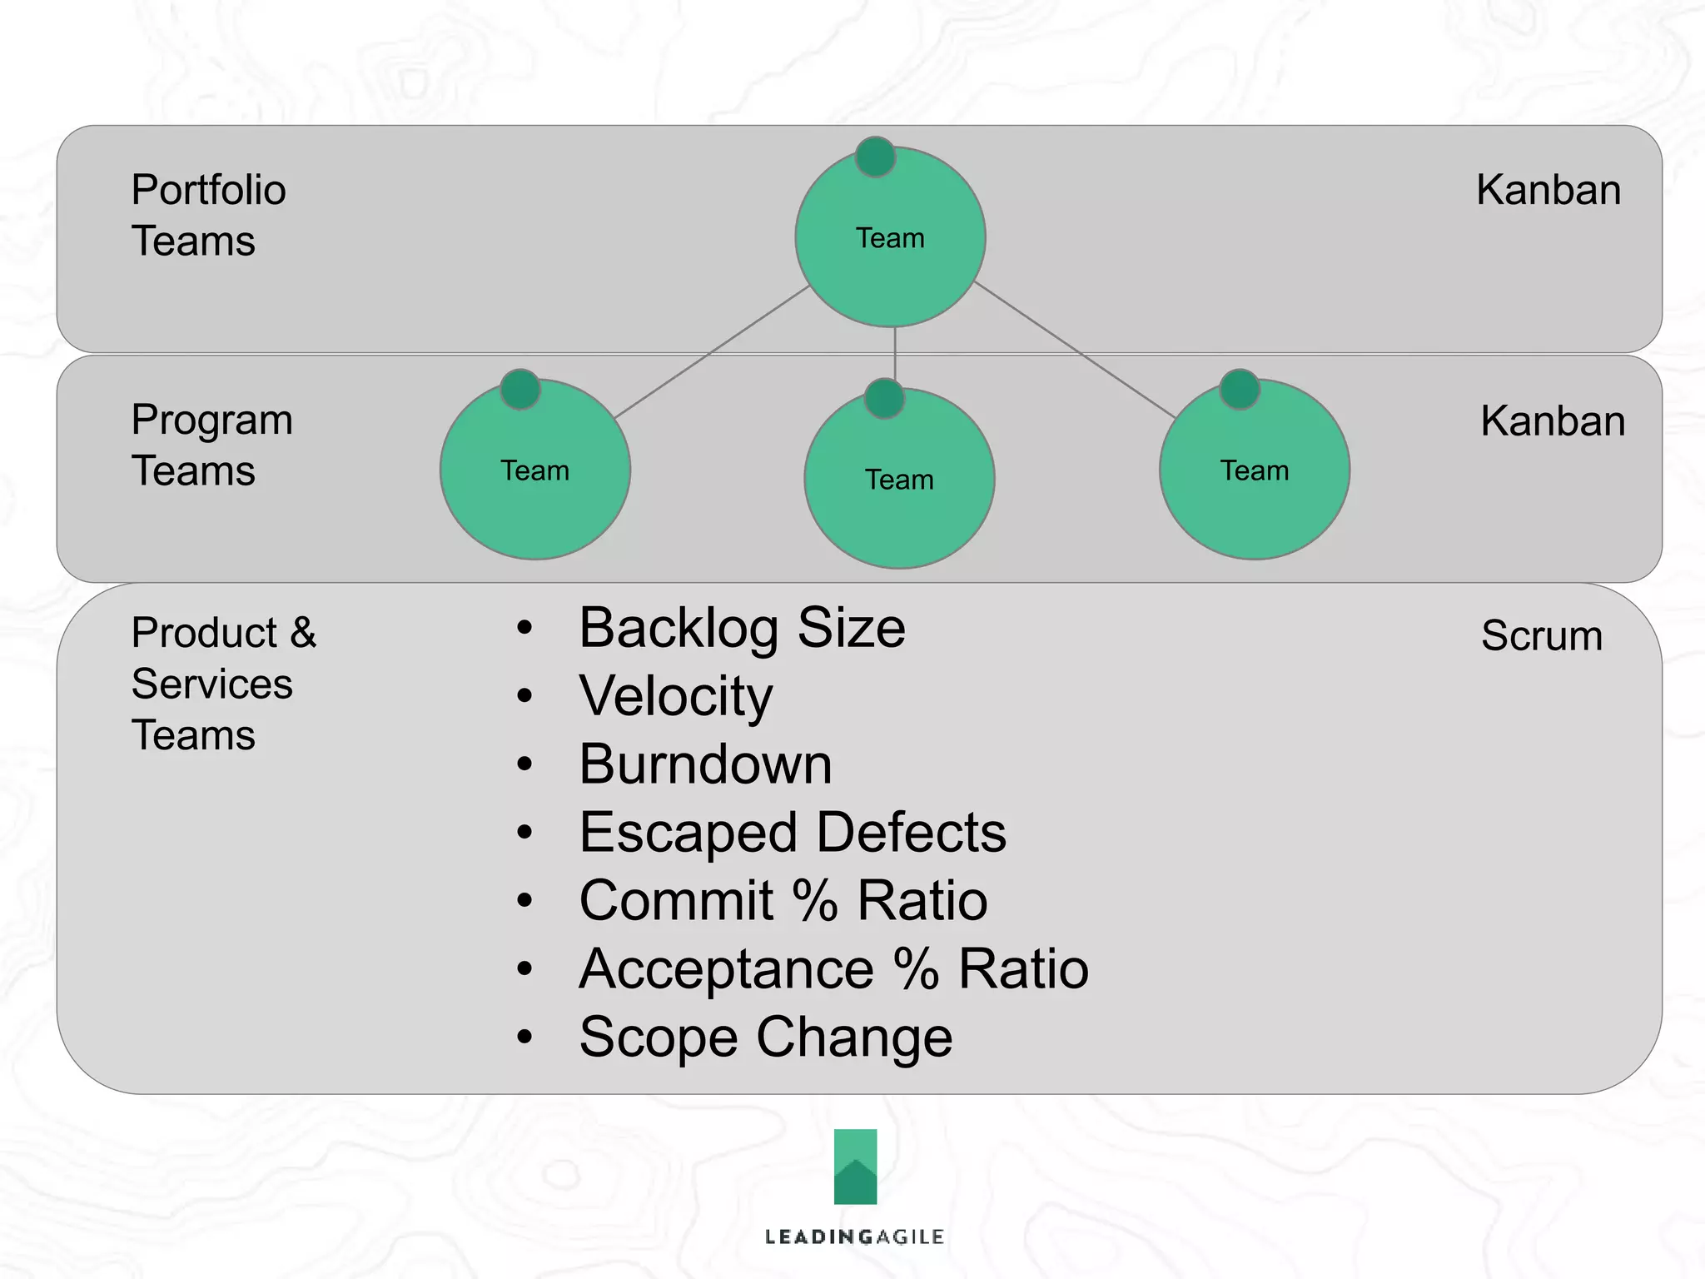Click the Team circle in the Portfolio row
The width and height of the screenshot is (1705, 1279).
click(890, 237)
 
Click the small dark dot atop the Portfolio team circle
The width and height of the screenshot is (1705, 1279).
click(875, 157)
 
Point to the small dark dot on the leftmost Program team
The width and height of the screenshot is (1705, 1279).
click(520, 389)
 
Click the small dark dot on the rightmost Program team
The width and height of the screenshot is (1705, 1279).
click(1239, 389)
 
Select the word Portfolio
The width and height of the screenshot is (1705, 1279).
click(208, 190)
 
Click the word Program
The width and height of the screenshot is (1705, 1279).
click(211, 421)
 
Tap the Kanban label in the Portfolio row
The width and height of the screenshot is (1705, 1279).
click(1548, 190)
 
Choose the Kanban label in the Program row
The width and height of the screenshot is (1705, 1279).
click(1552, 421)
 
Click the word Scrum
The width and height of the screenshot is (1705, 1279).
click(1541, 635)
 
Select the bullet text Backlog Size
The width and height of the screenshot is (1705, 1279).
click(742, 628)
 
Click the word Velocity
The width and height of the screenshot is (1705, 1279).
click(676, 696)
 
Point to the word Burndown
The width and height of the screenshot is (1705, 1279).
click(705, 764)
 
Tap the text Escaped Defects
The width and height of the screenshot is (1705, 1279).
click(793, 833)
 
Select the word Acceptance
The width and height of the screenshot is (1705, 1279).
click(726, 969)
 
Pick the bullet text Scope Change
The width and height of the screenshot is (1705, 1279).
click(765, 1038)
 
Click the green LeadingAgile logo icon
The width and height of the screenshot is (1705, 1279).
click(855, 1167)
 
